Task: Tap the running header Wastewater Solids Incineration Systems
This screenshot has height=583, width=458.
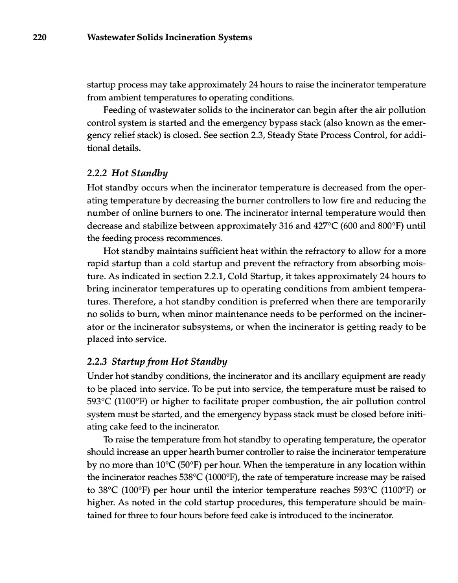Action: (x=169, y=38)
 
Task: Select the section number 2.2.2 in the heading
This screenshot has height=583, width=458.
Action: (x=97, y=173)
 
